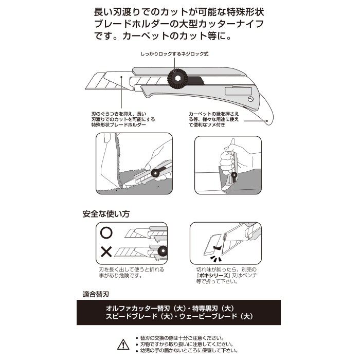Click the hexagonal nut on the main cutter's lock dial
(177, 79)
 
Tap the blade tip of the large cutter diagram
(86, 88)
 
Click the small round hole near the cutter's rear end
(250, 99)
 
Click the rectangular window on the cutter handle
(238, 91)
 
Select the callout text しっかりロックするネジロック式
(174, 54)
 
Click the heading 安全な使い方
(106, 214)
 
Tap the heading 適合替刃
(96, 294)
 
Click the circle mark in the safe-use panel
(106, 233)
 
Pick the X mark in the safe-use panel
(106, 252)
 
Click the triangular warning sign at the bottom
(123, 345)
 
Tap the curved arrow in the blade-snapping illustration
(217, 247)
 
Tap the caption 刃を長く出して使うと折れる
(132, 269)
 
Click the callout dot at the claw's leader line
(267, 121)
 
